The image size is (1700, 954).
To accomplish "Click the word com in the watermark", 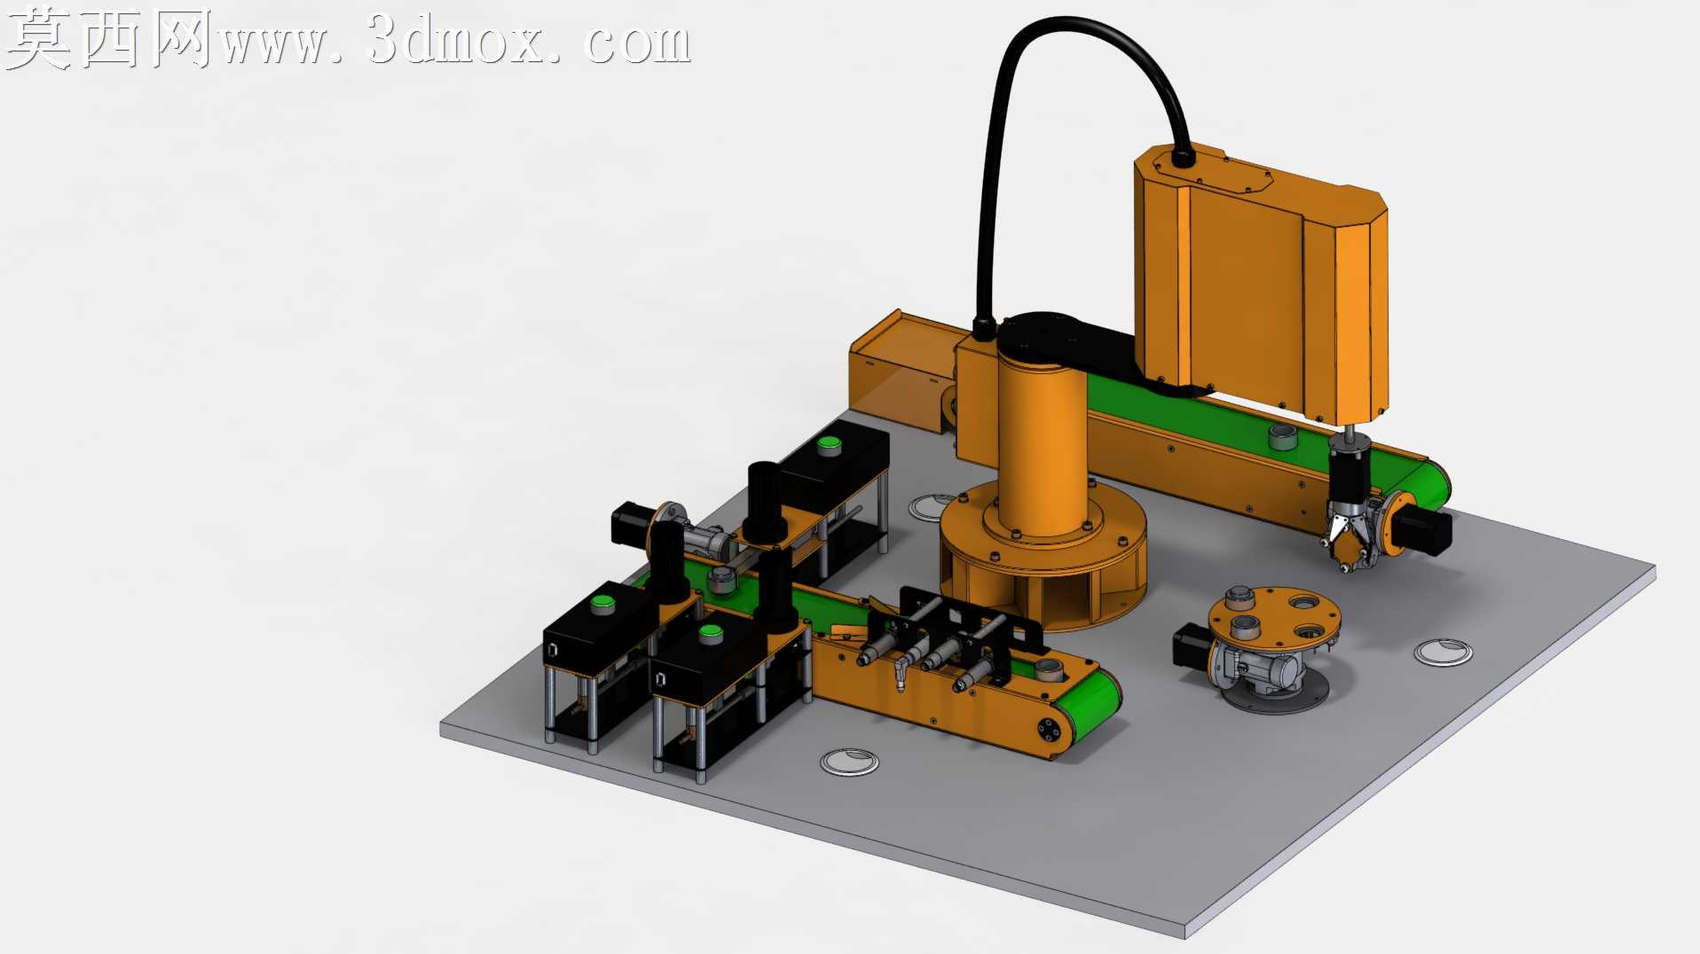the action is pos(637,43).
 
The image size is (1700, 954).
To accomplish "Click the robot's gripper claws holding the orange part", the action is pos(1347,533).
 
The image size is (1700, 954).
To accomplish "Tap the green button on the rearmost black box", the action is pos(829,444).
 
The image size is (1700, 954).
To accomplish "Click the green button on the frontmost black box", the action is pos(710,633).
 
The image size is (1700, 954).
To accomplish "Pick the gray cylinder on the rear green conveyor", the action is pos(1282,436).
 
